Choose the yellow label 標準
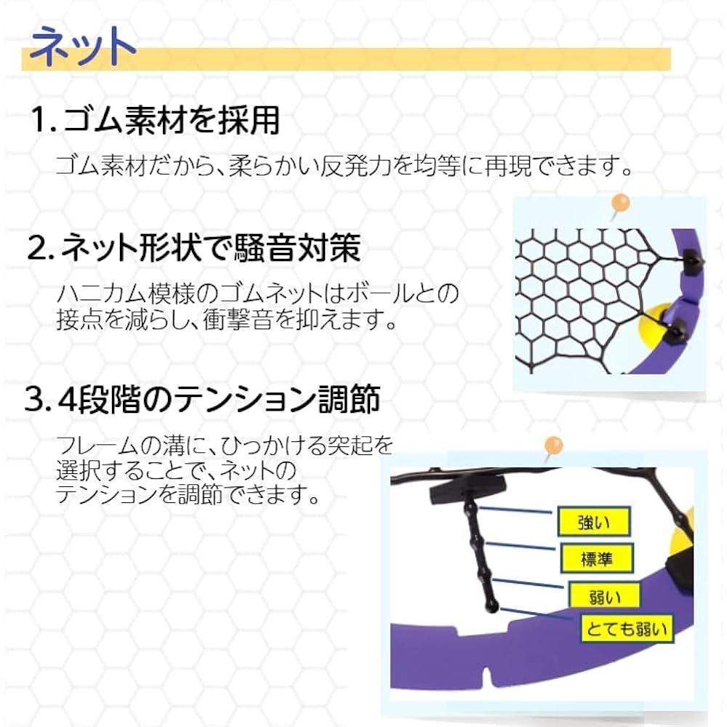597,558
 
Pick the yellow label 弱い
604,595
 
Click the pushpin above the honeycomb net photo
619,202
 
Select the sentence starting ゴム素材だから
342,165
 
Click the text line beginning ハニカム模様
258,294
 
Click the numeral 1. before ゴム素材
43,121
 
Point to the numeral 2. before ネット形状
41,249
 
